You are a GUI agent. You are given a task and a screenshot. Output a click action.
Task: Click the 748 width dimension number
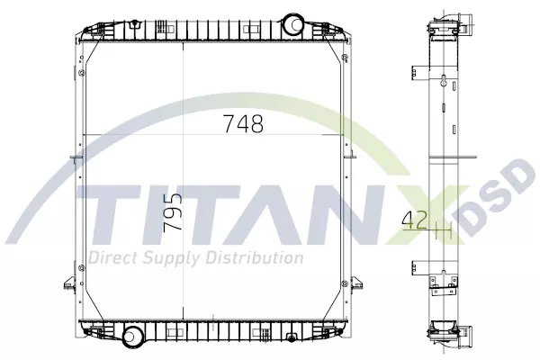coord(244,123)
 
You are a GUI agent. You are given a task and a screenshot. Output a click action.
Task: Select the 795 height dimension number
coord(173,211)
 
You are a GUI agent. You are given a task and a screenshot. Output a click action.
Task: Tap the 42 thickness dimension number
coord(415,220)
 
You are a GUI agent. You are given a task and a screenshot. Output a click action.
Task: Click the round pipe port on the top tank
coord(293,23)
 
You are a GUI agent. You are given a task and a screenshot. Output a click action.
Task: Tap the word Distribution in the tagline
coord(255,257)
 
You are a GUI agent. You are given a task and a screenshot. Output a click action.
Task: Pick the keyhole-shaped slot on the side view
coord(444,80)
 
